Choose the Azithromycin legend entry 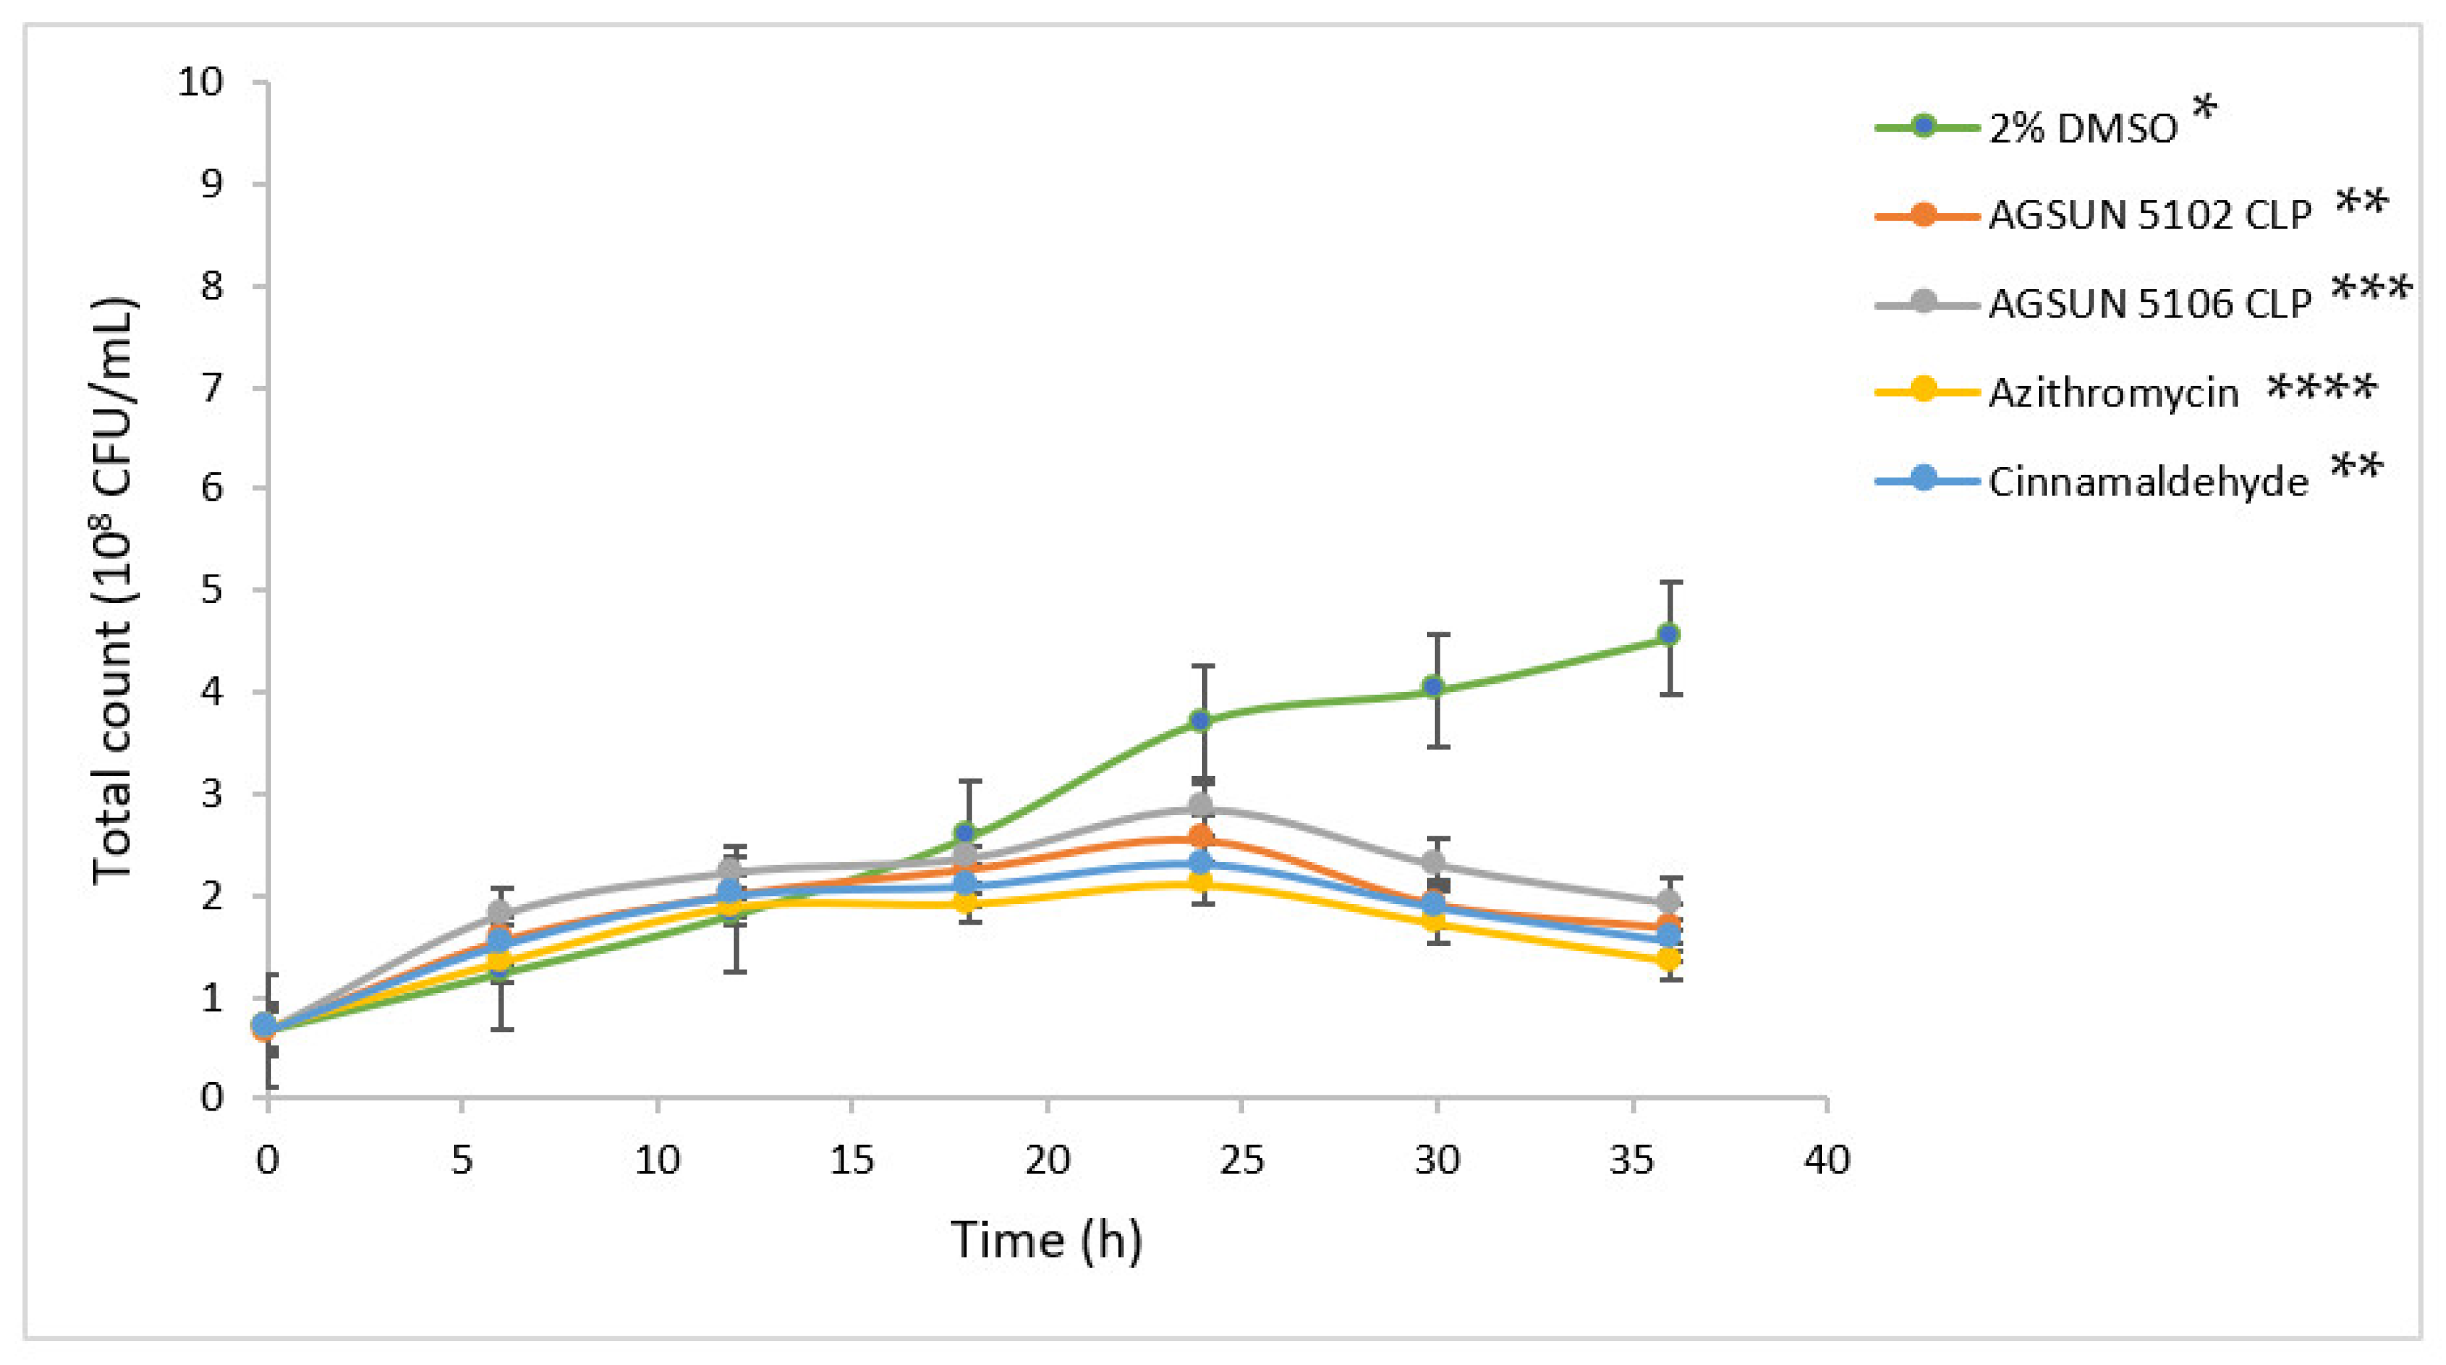pyautogui.click(x=2113, y=393)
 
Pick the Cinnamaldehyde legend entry pyautogui.click(x=2148, y=482)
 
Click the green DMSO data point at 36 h pyautogui.click(x=1668, y=634)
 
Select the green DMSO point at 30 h pyautogui.click(x=1434, y=687)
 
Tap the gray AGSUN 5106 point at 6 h pyautogui.click(x=499, y=913)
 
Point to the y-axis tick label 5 pyautogui.click(x=212, y=590)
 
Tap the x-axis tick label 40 pyautogui.click(x=1827, y=1160)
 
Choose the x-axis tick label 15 pyautogui.click(x=852, y=1160)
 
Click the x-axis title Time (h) pyautogui.click(x=1046, y=1239)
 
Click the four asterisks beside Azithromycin pyautogui.click(x=2322, y=387)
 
